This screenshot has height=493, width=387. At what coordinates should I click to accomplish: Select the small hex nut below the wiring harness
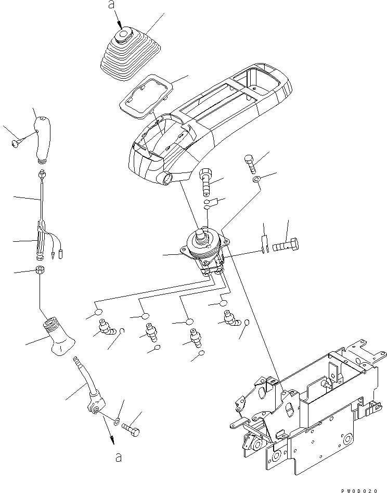[x=40, y=270]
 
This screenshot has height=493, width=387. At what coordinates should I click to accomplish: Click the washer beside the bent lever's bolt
[x=116, y=418]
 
